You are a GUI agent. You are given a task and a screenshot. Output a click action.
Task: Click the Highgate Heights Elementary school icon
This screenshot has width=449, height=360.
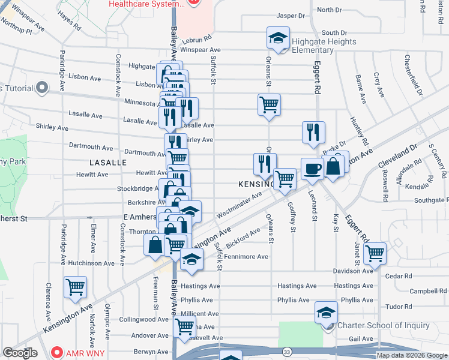(278, 38)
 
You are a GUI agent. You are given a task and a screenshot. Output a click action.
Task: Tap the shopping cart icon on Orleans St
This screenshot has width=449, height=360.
(270, 104)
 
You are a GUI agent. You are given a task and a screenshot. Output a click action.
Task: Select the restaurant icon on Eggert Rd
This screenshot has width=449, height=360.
(313, 132)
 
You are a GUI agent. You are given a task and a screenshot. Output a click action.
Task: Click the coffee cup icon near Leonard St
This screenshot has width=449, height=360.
(312, 169)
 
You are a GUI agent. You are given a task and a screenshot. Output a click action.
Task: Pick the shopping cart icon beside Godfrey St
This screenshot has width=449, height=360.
(285, 179)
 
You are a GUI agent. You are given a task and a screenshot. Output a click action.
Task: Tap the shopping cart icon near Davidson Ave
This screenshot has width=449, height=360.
(375, 253)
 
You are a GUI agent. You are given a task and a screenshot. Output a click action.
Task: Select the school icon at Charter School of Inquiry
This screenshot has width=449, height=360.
(326, 313)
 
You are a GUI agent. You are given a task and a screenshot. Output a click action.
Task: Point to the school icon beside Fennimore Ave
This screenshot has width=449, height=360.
(192, 259)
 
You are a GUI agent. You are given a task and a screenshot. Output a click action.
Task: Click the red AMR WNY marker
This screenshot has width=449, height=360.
(58, 352)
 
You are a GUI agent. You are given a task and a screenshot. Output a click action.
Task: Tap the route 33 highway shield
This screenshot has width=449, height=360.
(288, 351)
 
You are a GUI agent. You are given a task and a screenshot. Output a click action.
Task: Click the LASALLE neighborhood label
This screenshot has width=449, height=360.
(107, 163)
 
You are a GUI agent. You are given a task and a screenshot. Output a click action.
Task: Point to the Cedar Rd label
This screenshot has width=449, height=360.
(399, 276)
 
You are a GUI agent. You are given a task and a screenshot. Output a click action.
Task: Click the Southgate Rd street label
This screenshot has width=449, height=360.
(430, 200)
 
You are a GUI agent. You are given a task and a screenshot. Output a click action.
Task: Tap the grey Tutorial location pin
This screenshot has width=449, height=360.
(42, 88)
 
